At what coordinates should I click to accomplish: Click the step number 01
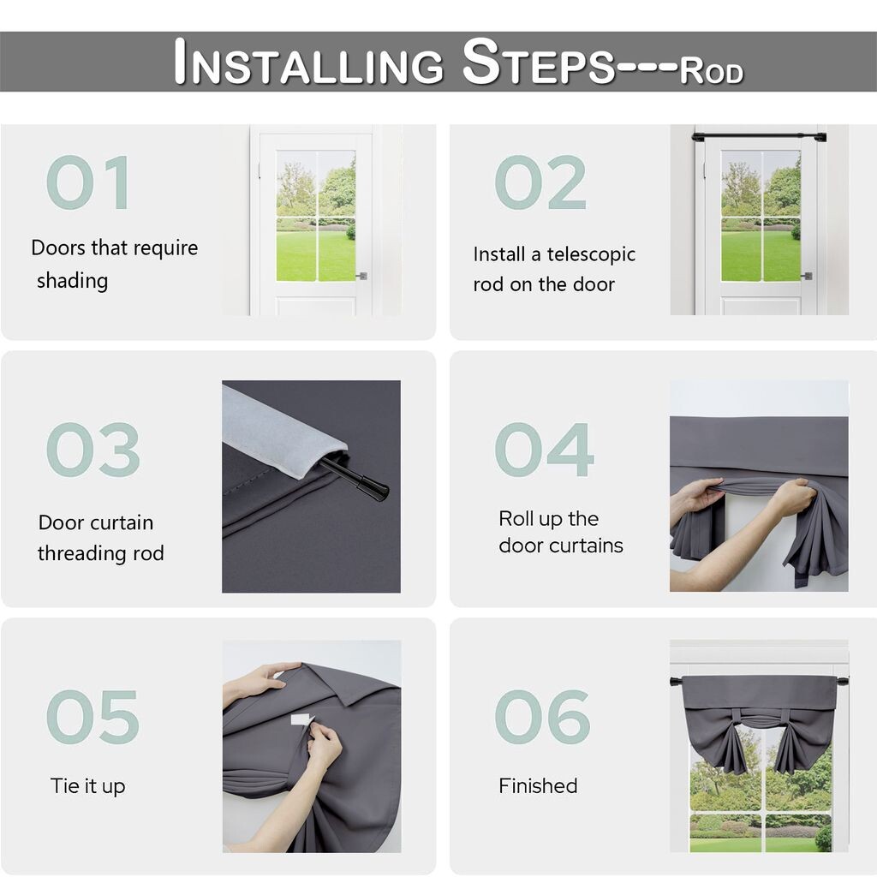[x=88, y=182]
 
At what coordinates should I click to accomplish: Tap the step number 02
[x=540, y=182]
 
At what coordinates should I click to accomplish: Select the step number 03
[x=92, y=450]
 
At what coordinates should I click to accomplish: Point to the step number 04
[x=544, y=450]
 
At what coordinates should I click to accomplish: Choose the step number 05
[x=92, y=717]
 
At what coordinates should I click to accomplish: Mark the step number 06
[x=542, y=717]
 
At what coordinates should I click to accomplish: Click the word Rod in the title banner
[x=712, y=71]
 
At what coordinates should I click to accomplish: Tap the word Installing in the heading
[x=308, y=62]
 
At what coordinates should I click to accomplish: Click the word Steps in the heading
[x=539, y=62]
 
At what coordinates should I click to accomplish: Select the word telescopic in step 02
[x=591, y=255]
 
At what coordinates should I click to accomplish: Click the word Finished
[x=538, y=786]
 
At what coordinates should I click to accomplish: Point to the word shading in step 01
[x=72, y=281]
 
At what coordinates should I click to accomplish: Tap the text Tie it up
[x=88, y=786]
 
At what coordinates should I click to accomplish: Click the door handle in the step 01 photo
[x=362, y=276]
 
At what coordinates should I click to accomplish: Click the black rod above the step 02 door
[x=759, y=136]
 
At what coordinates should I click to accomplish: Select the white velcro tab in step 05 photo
[x=302, y=719]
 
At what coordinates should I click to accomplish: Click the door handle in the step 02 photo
[x=807, y=276]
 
